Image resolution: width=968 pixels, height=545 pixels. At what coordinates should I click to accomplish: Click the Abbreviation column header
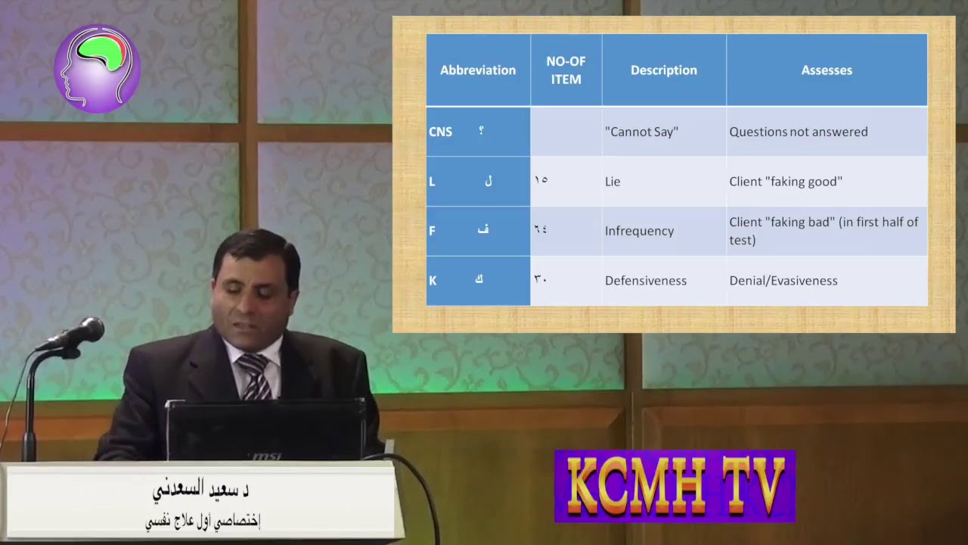[478, 70]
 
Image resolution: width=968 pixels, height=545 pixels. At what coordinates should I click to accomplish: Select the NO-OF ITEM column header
[566, 70]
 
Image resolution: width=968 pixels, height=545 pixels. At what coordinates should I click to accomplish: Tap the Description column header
[663, 70]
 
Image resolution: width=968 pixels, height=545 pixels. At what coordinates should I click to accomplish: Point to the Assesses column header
[827, 70]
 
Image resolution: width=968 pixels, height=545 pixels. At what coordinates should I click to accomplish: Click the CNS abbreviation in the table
[440, 132]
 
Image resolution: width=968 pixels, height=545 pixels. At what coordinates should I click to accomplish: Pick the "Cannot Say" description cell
[641, 132]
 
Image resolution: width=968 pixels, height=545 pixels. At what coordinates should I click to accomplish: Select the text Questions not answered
[798, 132]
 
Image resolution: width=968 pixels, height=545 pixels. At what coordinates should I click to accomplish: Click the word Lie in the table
[613, 182]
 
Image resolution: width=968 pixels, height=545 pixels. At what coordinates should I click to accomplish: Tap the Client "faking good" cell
[785, 182]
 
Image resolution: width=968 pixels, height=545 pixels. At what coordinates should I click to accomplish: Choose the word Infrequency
[639, 231]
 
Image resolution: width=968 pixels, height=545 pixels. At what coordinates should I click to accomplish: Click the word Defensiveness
[645, 281]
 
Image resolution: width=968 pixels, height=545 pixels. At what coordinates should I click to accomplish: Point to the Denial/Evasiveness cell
[783, 281]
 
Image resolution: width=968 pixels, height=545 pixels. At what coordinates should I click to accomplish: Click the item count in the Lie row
[541, 180]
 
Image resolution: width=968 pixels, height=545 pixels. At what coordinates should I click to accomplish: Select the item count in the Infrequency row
[541, 229]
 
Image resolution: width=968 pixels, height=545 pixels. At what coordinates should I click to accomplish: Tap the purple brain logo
[97, 69]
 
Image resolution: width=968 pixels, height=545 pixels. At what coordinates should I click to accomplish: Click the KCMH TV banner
[675, 486]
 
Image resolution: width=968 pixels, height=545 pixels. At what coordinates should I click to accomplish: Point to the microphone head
[85, 331]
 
